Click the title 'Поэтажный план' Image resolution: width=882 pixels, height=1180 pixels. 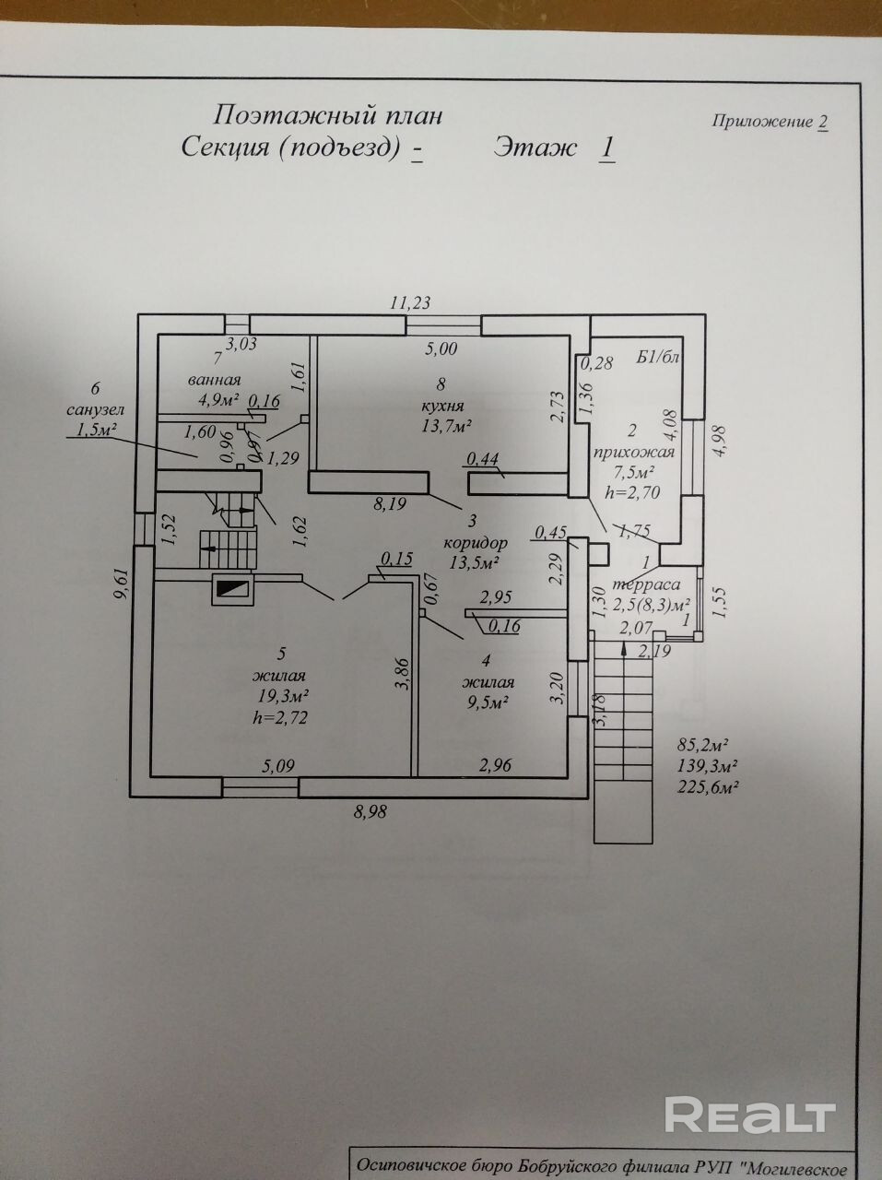click(328, 115)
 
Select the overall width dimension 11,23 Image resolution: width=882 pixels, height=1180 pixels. click(411, 301)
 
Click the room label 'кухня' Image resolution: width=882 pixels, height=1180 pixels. click(443, 405)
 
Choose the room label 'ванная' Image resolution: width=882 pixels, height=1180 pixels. click(215, 380)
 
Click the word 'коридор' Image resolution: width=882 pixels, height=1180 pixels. click(474, 542)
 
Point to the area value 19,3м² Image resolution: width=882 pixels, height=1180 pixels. click(283, 696)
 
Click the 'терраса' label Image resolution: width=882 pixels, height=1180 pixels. click(647, 585)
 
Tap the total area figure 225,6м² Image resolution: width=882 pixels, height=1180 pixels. click(710, 786)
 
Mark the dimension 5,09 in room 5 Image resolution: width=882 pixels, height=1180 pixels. click(277, 764)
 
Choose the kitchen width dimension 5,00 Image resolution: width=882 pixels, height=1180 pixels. click(441, 348)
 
